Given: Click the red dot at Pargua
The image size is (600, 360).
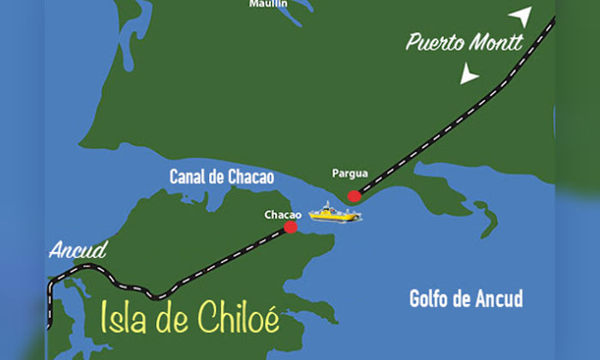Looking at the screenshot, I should (354, 196).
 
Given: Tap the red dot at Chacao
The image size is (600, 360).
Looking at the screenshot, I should (291, 227).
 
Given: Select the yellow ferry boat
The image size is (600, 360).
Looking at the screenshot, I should (334, 212).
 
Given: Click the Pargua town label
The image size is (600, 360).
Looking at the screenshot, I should (350, 173).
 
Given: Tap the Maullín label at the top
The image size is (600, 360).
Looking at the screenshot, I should (268, 4).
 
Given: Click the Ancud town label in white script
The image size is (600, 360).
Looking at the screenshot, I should (78, 251).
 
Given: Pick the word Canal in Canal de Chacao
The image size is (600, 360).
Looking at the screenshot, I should (190, 177).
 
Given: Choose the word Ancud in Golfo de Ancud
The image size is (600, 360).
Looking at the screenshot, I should (499, 299).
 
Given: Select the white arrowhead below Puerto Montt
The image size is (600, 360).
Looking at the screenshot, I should (468, 75).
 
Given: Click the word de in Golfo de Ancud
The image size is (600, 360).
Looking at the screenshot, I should (465, 299).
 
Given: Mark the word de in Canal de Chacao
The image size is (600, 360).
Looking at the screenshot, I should (219, 177).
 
